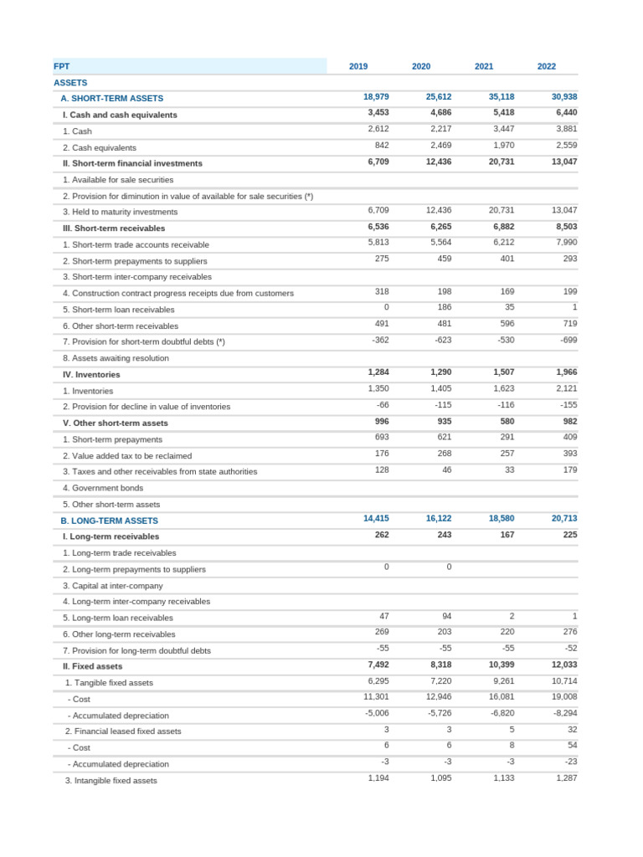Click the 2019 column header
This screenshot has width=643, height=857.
[x=358, y=66]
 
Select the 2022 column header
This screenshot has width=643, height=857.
[x=546, y=66]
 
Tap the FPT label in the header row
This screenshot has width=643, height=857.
[x=62, y=66]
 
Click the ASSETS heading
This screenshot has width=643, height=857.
[x=70, y=83]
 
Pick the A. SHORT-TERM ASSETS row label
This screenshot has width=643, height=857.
[x=111, y=99]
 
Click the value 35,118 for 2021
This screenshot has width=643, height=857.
[x=502, y=97]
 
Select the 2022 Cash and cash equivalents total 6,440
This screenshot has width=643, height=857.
[x=566, y=113]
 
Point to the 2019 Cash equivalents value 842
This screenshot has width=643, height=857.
[x=381, y=146]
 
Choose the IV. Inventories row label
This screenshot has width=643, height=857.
[x=91, y=375]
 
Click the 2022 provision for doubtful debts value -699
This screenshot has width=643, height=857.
[x=565, y=340]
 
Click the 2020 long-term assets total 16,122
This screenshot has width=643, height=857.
[x=439, y=519]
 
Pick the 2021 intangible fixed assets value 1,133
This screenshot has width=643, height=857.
[x=502, y=778]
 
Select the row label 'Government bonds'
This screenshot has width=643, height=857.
[x=103, y=488]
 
